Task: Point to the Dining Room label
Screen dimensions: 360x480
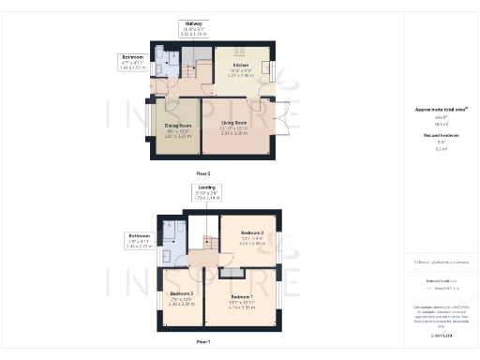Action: coord(178,127)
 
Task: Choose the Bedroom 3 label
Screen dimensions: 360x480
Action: coord(182,296)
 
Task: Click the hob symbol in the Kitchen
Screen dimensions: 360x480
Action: coord(238,52)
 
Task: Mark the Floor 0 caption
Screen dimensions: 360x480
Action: coord(203,173)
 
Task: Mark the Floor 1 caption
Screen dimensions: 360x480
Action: coord(202,341)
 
